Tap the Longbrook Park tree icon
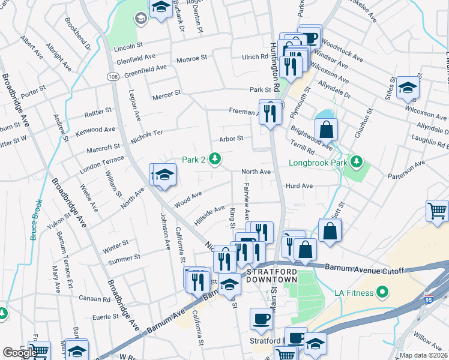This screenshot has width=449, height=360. click(358, 162)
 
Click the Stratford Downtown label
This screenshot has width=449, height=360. click(272, 276)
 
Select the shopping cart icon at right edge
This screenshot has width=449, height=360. click(437, 211)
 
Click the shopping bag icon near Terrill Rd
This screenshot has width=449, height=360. click(326, 129)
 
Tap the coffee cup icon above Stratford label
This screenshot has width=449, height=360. click(261, 319)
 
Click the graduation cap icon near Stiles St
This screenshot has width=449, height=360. click(408, 88)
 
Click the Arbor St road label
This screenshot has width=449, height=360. click(231, 138)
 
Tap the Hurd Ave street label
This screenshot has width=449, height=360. click(299, 186)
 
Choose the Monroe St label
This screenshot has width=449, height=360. click(192, 59)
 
